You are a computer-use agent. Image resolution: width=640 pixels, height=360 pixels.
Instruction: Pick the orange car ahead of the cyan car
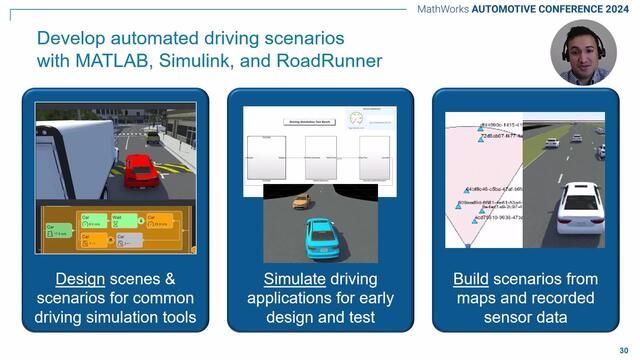(301, 201)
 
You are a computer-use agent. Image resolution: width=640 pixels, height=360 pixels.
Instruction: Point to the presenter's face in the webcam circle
(584, 51)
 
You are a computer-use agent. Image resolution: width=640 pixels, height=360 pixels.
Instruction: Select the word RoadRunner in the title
(328, 60)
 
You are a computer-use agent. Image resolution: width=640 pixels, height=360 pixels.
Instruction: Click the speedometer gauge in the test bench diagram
(357, 120)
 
